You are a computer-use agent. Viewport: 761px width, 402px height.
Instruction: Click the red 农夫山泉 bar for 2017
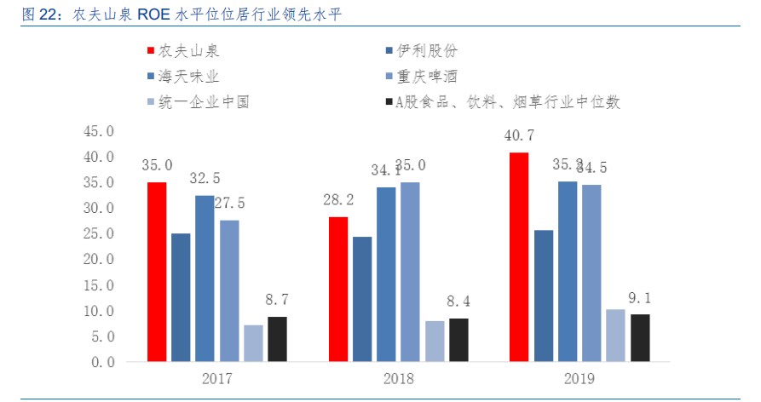pyautogui.click(x=156, y=272)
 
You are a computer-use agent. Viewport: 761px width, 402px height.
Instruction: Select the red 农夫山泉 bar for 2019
pyautogui.click(x=518, y=257)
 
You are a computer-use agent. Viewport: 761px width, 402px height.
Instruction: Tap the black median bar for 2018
pyautogui.click(x=458, y=340)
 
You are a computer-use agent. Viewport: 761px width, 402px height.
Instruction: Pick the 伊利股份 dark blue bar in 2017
pyautogui.click(x=181, y=297)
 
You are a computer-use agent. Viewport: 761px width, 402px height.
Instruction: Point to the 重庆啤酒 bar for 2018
pyautogui.click(x=410, y=272)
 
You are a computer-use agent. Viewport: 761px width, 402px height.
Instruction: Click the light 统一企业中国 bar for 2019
pyautogui.click(x=615, y=336)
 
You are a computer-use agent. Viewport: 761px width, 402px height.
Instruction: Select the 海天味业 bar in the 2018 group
pyautogui.click(x=386, y=274)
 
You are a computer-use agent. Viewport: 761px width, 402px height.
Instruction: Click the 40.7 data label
pyautogui.click(x=519, y=135)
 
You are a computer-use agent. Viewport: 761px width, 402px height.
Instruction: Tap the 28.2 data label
pyautogui.click(x=338, y=200)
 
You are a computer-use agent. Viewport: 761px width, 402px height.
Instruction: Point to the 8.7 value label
pyautogui.click(x=277, y=300)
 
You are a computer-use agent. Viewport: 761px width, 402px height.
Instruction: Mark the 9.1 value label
pyautogui.click(x=639, y=298)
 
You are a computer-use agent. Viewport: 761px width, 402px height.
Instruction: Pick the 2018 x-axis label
pyautogui.click(x=398, y=378)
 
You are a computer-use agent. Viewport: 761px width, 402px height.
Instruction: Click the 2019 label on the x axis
pyautogui.click(x=579, y=378)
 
